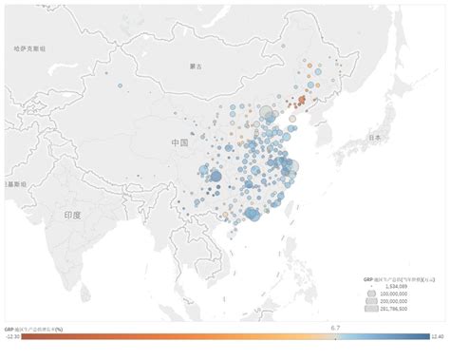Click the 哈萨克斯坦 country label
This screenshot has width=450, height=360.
tap(30, 47)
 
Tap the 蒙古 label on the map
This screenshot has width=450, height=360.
tap(196, 66)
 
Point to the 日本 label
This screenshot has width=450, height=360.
tap(374, 138)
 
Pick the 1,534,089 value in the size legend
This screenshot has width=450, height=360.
tap(394, 285)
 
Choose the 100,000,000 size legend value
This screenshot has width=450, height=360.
tap(394, 293)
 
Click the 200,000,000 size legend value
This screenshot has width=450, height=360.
tap(394, 300)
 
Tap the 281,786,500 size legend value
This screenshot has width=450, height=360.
tap(394, 309)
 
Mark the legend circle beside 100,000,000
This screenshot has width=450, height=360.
tap(368, 293)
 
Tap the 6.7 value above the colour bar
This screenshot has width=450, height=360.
tap(335, 327)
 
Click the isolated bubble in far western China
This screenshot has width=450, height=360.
tap(121, 85)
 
